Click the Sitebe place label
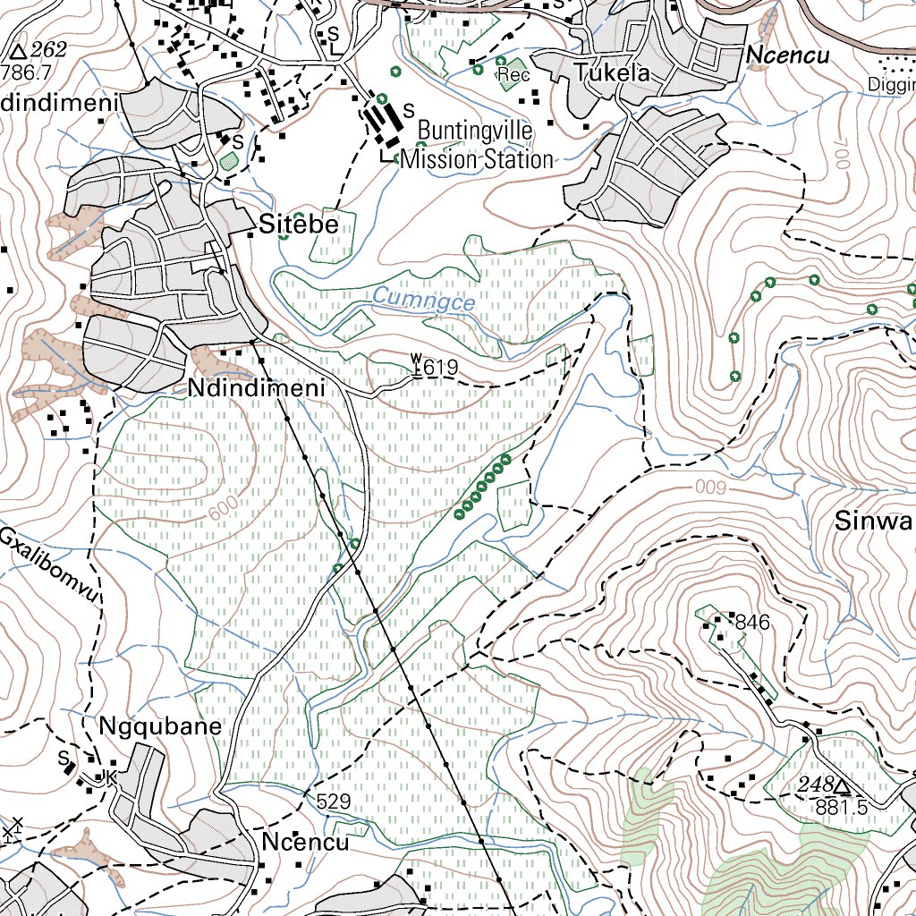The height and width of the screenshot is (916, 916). tap(299, 225)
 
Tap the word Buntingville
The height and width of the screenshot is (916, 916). tap(475, 131)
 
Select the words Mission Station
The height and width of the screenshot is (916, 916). tap(477, 160)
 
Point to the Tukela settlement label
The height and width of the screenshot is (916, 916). tap(613, 72)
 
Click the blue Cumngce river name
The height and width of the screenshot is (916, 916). tap(423, 300)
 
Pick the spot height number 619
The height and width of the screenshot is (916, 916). tap(440, 367)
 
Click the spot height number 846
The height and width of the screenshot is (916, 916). tap(752, 623)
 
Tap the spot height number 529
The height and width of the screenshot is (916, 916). tap(333, 801)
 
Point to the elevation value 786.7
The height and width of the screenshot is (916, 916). tap(26, 72)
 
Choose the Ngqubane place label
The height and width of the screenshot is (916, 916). tap(160, 725)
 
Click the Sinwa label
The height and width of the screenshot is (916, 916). tap(874, 522)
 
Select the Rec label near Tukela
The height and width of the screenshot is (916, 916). tap(513, 74)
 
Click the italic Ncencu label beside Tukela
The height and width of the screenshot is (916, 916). tap(787, 55)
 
